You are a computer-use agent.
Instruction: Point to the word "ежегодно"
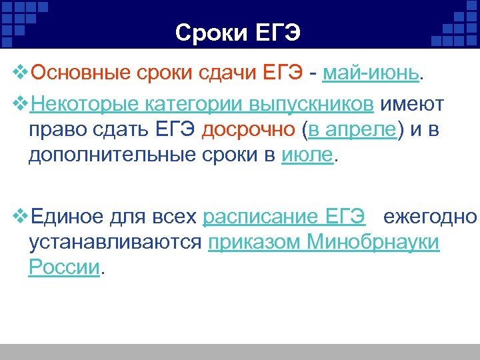click(x=430, y=217)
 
